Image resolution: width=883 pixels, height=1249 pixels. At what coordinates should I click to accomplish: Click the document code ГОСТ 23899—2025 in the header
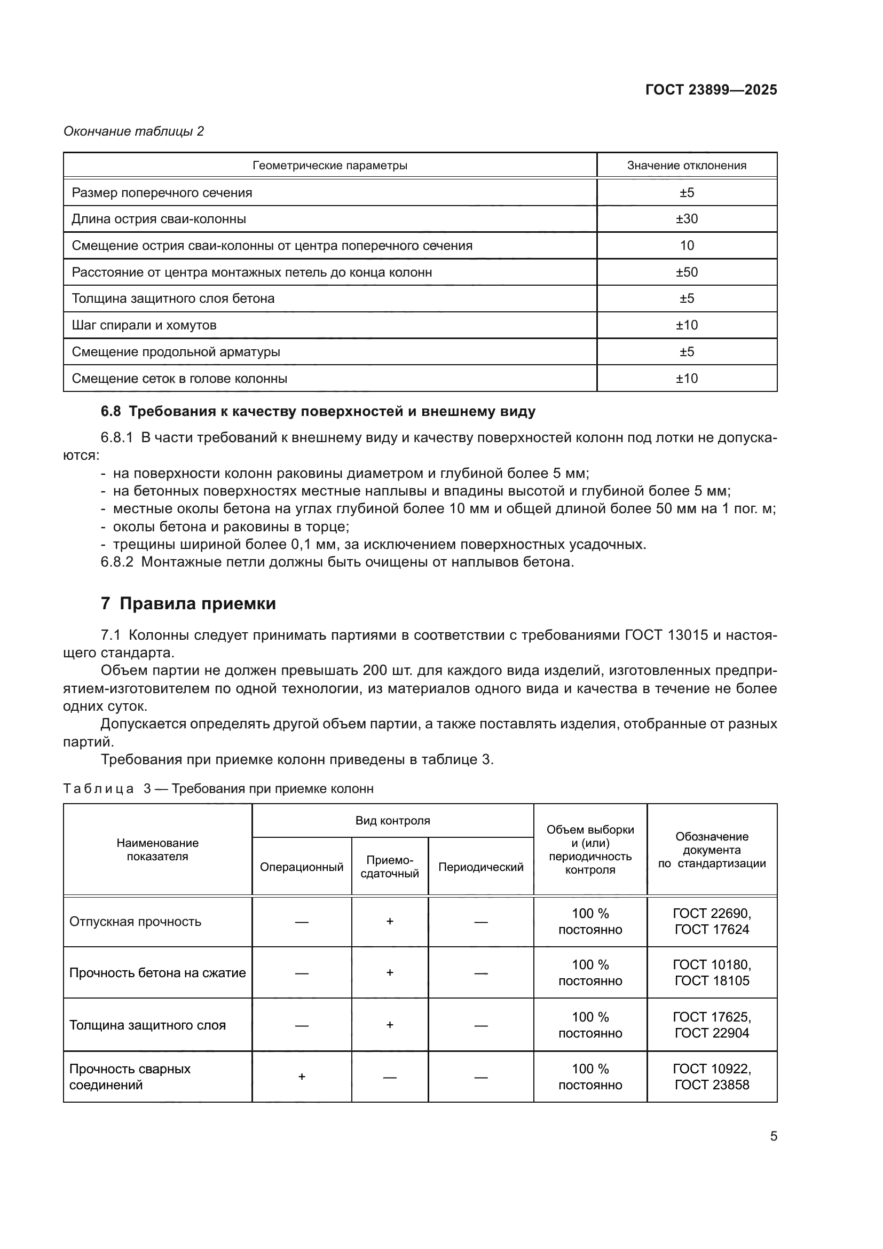711,90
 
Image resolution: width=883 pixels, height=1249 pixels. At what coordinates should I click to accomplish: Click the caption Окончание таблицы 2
134,131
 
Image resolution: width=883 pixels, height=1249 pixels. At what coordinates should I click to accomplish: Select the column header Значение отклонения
686,166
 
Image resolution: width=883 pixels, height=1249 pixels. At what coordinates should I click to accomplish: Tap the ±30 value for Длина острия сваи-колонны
686,219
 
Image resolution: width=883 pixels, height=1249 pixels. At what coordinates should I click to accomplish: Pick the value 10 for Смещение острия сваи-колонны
686,245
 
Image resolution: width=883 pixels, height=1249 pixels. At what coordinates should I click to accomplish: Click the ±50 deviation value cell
686,272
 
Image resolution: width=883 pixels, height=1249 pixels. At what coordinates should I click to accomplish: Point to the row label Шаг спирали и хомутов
144,325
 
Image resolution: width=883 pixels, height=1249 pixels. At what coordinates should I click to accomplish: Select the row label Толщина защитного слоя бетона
173,298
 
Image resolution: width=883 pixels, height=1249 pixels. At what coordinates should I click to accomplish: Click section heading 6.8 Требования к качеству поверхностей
318,411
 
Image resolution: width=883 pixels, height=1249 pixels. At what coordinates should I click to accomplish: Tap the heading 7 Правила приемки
188,604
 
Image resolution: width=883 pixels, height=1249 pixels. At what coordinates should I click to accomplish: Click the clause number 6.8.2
117,562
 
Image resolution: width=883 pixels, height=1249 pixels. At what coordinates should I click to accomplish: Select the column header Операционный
301,867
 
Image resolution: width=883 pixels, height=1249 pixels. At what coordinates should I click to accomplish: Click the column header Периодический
480,867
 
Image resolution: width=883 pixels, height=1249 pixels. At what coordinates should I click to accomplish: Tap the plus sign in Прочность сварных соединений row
302,1077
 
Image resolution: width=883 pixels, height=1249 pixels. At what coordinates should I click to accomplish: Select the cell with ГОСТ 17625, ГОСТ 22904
711,1025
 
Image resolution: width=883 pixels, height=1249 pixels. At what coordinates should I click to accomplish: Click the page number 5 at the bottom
773,1136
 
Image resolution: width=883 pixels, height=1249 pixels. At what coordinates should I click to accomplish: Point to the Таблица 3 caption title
218,789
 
